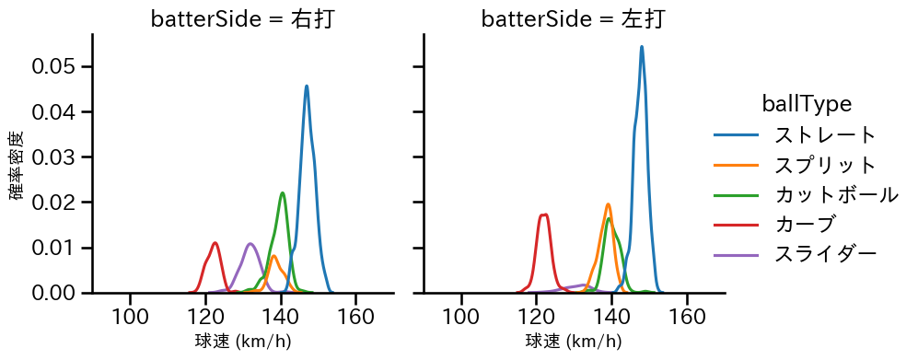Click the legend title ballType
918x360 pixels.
[x=806, y=104]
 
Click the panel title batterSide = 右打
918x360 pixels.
[x=242, y=19]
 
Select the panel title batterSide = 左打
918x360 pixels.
[x=573, y=19]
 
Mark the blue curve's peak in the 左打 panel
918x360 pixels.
[x=642, y=46]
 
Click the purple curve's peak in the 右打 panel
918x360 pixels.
[x=250, y=244]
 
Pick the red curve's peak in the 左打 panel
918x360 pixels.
[x=545, y=215]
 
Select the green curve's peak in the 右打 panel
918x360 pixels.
[x=282, y=192]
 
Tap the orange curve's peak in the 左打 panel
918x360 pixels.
[x=609, y=204]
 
